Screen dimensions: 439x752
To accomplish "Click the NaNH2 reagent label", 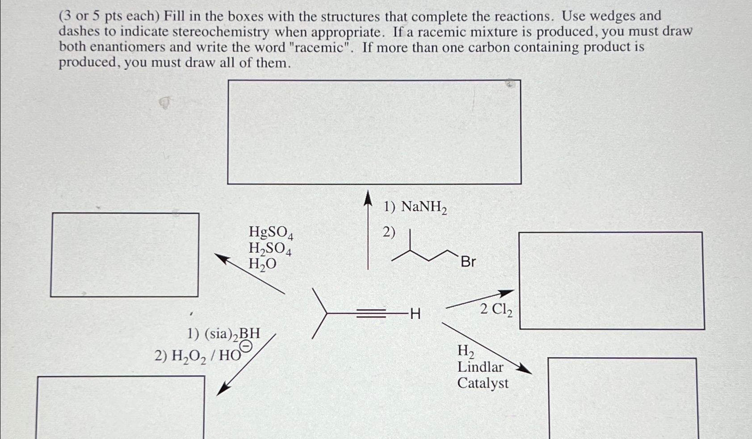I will pos(424,207).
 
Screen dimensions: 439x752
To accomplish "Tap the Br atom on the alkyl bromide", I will pos(468,262).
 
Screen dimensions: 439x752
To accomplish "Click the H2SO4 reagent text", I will pos(270,248).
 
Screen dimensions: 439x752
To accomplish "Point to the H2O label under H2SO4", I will pos(262,264).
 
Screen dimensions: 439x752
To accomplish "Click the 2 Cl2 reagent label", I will pos(496,309).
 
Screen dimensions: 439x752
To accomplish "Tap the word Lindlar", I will pos(480,367).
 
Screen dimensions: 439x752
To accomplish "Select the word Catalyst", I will pos(483,383).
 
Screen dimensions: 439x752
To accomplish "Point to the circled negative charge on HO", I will pos(246,347).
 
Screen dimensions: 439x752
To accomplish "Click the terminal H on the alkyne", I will pos(415,314).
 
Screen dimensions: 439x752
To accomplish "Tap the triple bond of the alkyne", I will pos(371,314).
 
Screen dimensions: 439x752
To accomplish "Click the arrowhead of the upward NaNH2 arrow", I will pos(367,198).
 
